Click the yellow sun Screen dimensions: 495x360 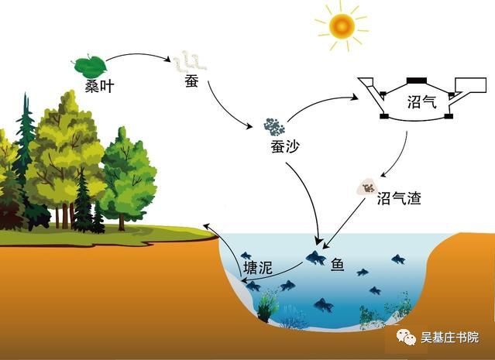[341, 27]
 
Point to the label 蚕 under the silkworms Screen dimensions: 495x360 [191, 81]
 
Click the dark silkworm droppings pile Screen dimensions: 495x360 [273, 126]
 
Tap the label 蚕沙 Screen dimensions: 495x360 [277, 146]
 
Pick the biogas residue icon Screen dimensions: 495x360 [365, 186]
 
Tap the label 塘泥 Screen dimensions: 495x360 [257, 269]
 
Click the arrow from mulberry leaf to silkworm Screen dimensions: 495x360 [138, 56]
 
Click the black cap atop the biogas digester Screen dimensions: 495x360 [419, 79]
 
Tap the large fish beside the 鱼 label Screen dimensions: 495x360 [315, 257]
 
